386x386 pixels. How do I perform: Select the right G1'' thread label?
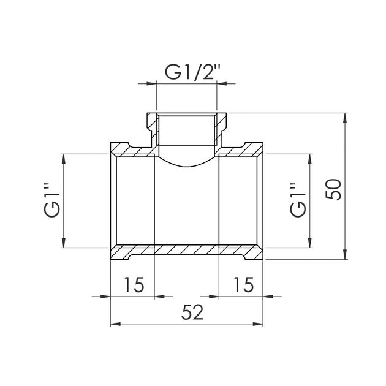(x=297, y=200)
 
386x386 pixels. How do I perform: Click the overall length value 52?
(x=192, y=312)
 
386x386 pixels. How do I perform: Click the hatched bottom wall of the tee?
(x=187, y=251)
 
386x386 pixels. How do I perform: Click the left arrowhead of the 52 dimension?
(x=115, y=325)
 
